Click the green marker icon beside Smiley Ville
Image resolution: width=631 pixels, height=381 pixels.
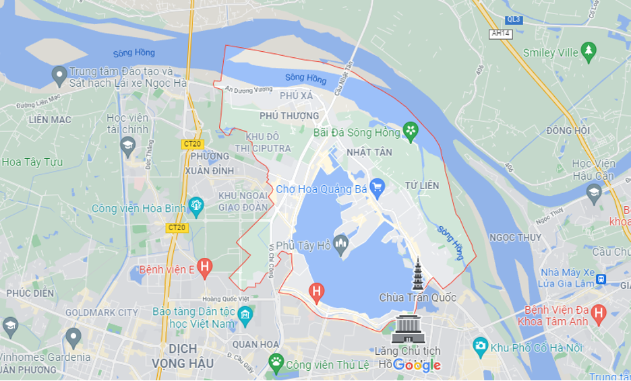[x=589, y=51]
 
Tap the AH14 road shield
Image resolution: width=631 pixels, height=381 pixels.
[x=500, y=33]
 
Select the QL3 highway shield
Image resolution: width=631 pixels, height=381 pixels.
[x=514, y=20]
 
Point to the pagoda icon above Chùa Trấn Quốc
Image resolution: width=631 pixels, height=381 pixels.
[x=418, y=274]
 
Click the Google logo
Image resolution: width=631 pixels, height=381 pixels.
[x=417, y=365]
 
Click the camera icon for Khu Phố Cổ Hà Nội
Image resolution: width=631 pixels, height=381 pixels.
[x=480, y=347]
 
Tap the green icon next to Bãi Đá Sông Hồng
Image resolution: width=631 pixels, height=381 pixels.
[x=410, y=131]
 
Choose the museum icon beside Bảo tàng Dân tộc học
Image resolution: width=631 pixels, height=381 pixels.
[x=245, y=314]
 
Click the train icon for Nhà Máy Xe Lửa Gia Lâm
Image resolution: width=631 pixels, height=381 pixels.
[x=601, y=279]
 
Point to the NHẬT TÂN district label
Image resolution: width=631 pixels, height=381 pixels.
[x=369, y=153]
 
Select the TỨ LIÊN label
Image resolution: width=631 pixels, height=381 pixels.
[x=422, y=185]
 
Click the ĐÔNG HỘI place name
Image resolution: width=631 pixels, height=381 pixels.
[x=568, y=131]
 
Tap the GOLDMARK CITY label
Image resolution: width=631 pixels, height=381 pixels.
[x=102, y=313]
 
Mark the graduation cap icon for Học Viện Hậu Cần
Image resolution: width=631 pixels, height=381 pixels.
[x=594, y=193]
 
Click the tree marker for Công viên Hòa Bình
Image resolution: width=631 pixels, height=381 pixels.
[x=196, y=205]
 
